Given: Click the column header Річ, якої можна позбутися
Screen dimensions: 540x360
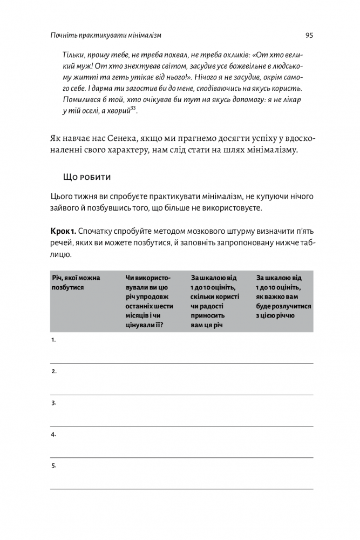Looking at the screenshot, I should tap(76, 282).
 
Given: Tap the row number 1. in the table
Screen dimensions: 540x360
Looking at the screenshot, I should tap(53, 340).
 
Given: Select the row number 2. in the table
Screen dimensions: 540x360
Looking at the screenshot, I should tap(54, 372).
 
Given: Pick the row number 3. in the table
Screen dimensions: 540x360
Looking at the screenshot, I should tap(54, 403).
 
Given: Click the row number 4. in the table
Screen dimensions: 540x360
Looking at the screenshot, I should tap(54, 434).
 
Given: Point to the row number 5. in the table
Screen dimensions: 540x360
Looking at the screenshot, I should tap(54, 465).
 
